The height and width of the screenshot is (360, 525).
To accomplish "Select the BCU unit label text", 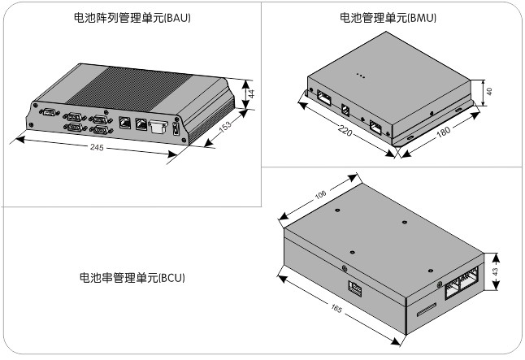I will tap(132, 278).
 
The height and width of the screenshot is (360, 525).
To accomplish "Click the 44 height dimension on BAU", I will tap(252, 94).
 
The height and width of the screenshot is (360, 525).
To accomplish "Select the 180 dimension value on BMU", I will tap(445, 132).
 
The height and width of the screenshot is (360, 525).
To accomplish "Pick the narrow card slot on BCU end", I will tap(424, 310).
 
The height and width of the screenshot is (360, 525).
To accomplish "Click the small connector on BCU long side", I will tap(355, 286).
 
